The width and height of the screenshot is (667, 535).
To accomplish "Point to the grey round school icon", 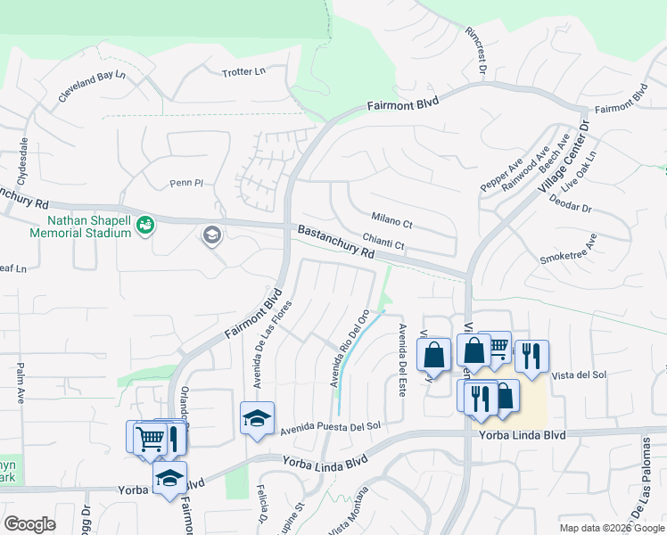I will pyautogui.click(x=212, y=235).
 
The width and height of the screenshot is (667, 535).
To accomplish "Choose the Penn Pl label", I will pyautogui.click(x=187, y=184).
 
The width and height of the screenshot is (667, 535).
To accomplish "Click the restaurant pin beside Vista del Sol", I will pyautogui.click(x=531, y=355).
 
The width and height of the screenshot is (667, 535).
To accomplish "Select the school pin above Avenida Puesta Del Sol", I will pyautogui.click(x=257, y=417).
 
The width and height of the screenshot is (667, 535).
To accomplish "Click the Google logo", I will pyautogui.click(x=30, y=523).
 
